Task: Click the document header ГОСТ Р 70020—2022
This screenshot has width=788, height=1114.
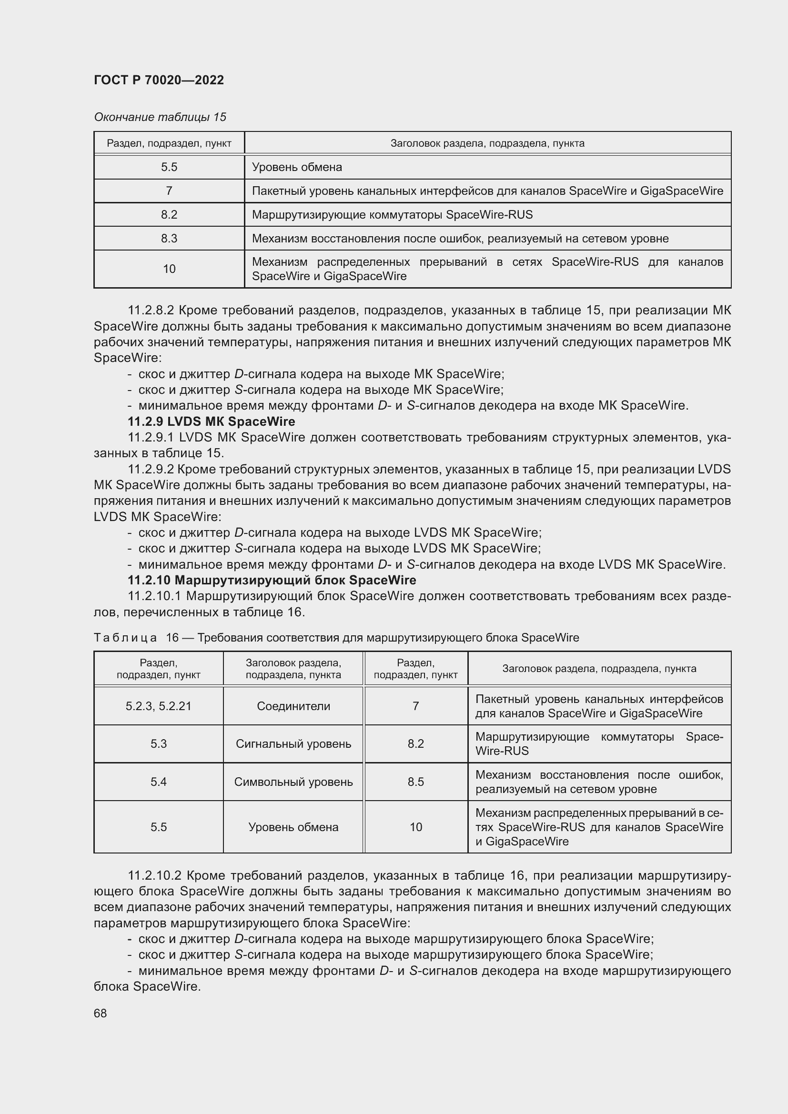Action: pos(159,80)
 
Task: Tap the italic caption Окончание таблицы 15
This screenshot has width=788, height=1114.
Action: pos(160,117)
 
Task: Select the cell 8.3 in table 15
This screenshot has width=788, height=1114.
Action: pos(169,238)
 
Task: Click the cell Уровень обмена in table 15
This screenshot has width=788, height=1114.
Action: pos(296,167)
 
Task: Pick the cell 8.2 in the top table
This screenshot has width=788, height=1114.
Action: pos(169,214)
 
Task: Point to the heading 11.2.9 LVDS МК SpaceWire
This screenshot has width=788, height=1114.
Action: pos(211,421)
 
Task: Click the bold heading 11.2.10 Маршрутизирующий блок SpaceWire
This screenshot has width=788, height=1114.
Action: pos(272,580)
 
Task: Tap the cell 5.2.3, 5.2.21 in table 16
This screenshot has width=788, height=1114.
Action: pos(158,706)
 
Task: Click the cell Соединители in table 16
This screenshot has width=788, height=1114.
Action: pos(293,706)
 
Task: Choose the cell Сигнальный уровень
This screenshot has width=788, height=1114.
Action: pos(293,744)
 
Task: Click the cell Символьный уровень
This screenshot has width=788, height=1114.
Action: pos(293,782)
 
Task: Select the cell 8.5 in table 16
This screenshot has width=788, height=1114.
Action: pos(416,782)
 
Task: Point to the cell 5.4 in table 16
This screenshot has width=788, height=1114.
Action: pos(158,782)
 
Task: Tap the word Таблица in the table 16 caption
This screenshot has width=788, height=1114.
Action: pos(125,638)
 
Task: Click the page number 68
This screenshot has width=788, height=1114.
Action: pos(101,1013)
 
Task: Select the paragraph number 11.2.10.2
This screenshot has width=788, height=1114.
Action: pos(154,875)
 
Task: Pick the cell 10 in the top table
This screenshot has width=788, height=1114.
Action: pos(169,269)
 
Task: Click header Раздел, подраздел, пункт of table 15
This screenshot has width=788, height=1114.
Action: pos(169,143)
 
